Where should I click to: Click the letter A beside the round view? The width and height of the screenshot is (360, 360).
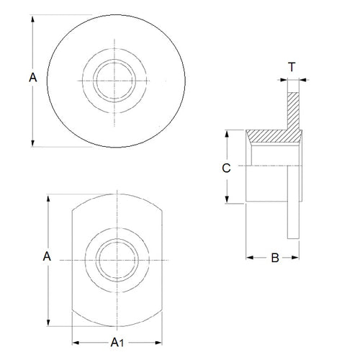pos(32,78)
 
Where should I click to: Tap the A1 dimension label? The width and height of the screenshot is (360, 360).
pos(114,342)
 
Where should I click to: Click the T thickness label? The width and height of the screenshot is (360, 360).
pos(291,67)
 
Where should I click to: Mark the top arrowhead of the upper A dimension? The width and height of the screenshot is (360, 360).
pos(33,16)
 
